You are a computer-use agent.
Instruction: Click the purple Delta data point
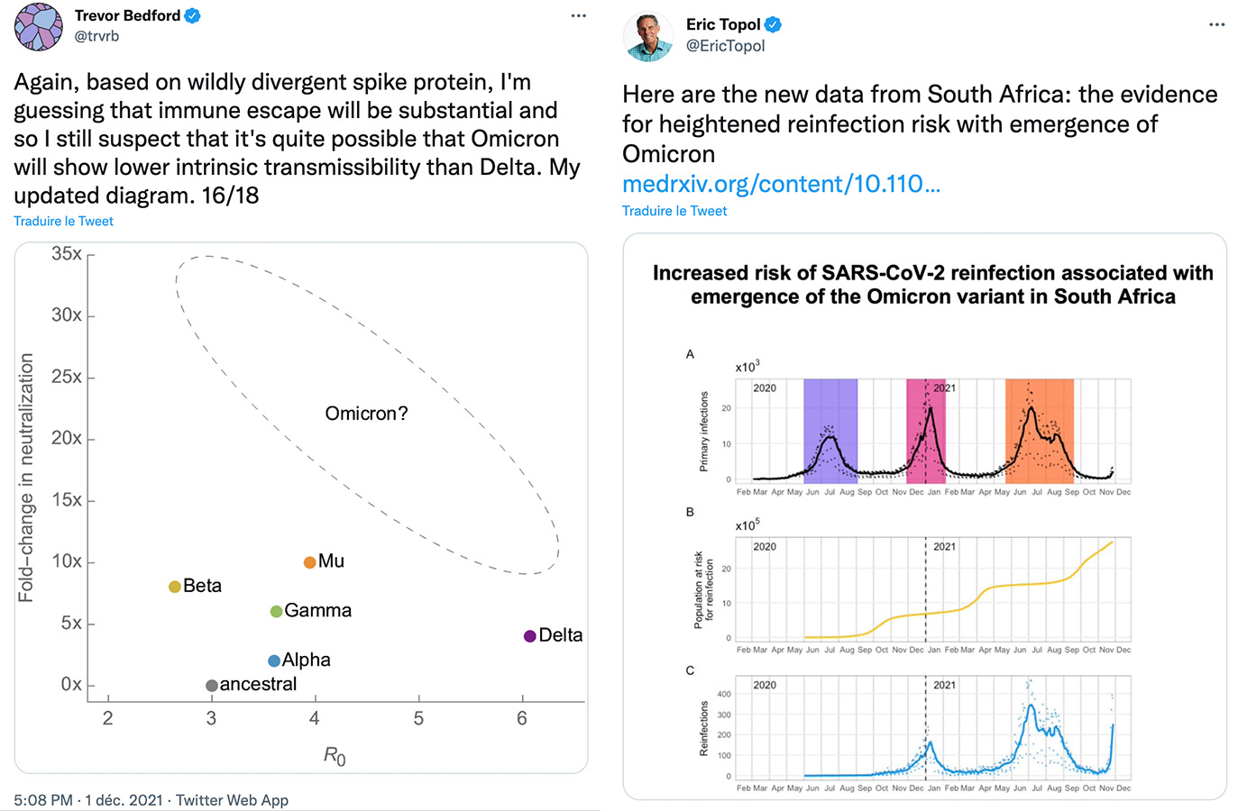point(530,636)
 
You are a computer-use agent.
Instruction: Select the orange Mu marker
point(309,562)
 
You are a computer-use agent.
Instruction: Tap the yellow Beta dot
point(175,587)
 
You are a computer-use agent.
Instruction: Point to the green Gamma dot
point(277,612)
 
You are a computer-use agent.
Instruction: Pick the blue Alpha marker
point(274,661)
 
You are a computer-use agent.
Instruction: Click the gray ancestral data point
point(212,686)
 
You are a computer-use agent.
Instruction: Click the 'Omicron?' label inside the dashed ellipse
point(366,414)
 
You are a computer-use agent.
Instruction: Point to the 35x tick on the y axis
point(68,254)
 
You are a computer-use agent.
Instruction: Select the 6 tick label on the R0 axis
point(522,718)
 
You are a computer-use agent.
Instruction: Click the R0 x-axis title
point(335,756)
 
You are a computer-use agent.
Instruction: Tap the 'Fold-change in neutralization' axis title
point(26,478)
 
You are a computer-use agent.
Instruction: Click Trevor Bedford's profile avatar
point(39,26)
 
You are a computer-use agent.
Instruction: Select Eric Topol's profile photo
point(648,36)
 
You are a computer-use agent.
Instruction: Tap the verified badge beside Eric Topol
point(773,25)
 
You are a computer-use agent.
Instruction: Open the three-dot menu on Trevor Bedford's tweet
point(579,16)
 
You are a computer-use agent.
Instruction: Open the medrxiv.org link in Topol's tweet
point(781,184)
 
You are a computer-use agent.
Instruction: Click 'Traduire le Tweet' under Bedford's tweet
point(63,221)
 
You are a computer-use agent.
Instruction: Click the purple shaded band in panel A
point(830,431)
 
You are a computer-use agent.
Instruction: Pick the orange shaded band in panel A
point(1040,431)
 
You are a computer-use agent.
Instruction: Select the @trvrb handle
point(96,36)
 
